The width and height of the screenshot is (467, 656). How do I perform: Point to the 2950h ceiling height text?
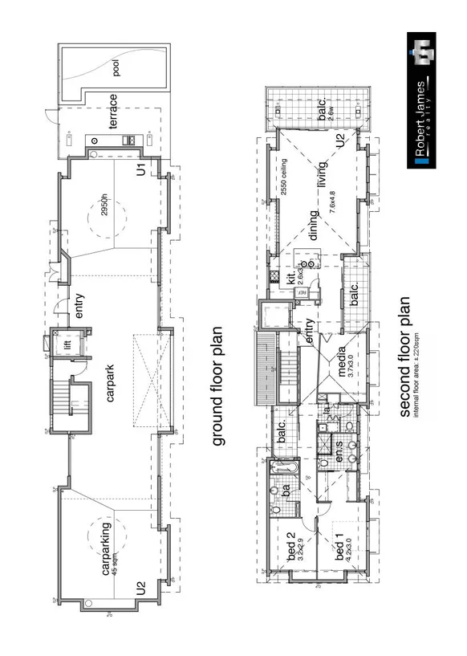(103, 205)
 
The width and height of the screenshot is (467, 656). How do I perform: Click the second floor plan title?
(405, 357)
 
